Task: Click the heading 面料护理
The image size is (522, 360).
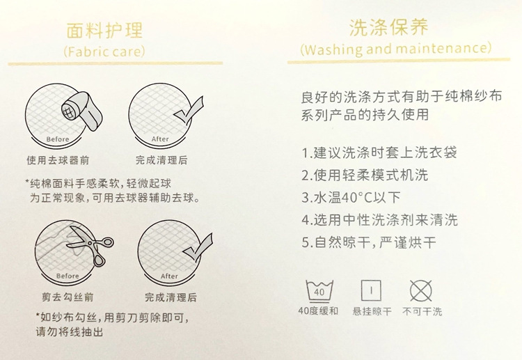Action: tap(104, 30)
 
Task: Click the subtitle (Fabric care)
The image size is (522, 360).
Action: tap(104, 52)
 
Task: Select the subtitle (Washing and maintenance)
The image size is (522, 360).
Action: tap(396, 49)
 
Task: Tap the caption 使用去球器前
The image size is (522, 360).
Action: tap(58, 160)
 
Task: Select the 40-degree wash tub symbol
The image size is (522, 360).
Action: tap(319, 290)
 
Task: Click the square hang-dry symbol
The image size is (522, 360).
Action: tap(371, 290)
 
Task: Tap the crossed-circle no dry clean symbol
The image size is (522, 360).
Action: tap(422, 290)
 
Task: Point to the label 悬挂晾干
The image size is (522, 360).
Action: tap(371, 311)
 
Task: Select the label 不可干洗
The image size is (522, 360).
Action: tap(422, 311)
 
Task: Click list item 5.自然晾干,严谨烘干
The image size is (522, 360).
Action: tap(369, 243)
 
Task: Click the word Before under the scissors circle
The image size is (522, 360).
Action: tap(68, 276)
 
